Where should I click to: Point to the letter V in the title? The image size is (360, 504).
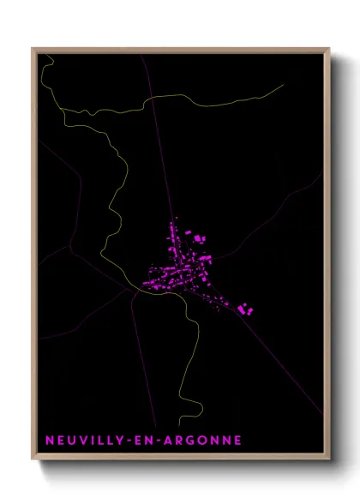[x=84, y=441]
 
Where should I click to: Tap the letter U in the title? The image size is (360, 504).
[x=72, y=441]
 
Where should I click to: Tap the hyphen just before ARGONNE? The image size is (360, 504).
[x=157, y=441]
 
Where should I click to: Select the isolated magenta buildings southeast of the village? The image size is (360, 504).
[x=246, y=309]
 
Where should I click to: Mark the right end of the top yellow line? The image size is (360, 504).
[x=283, y=84]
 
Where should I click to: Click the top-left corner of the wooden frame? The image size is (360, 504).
[x=33, y=49]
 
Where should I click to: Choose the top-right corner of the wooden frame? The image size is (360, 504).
[x=329, y=49]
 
